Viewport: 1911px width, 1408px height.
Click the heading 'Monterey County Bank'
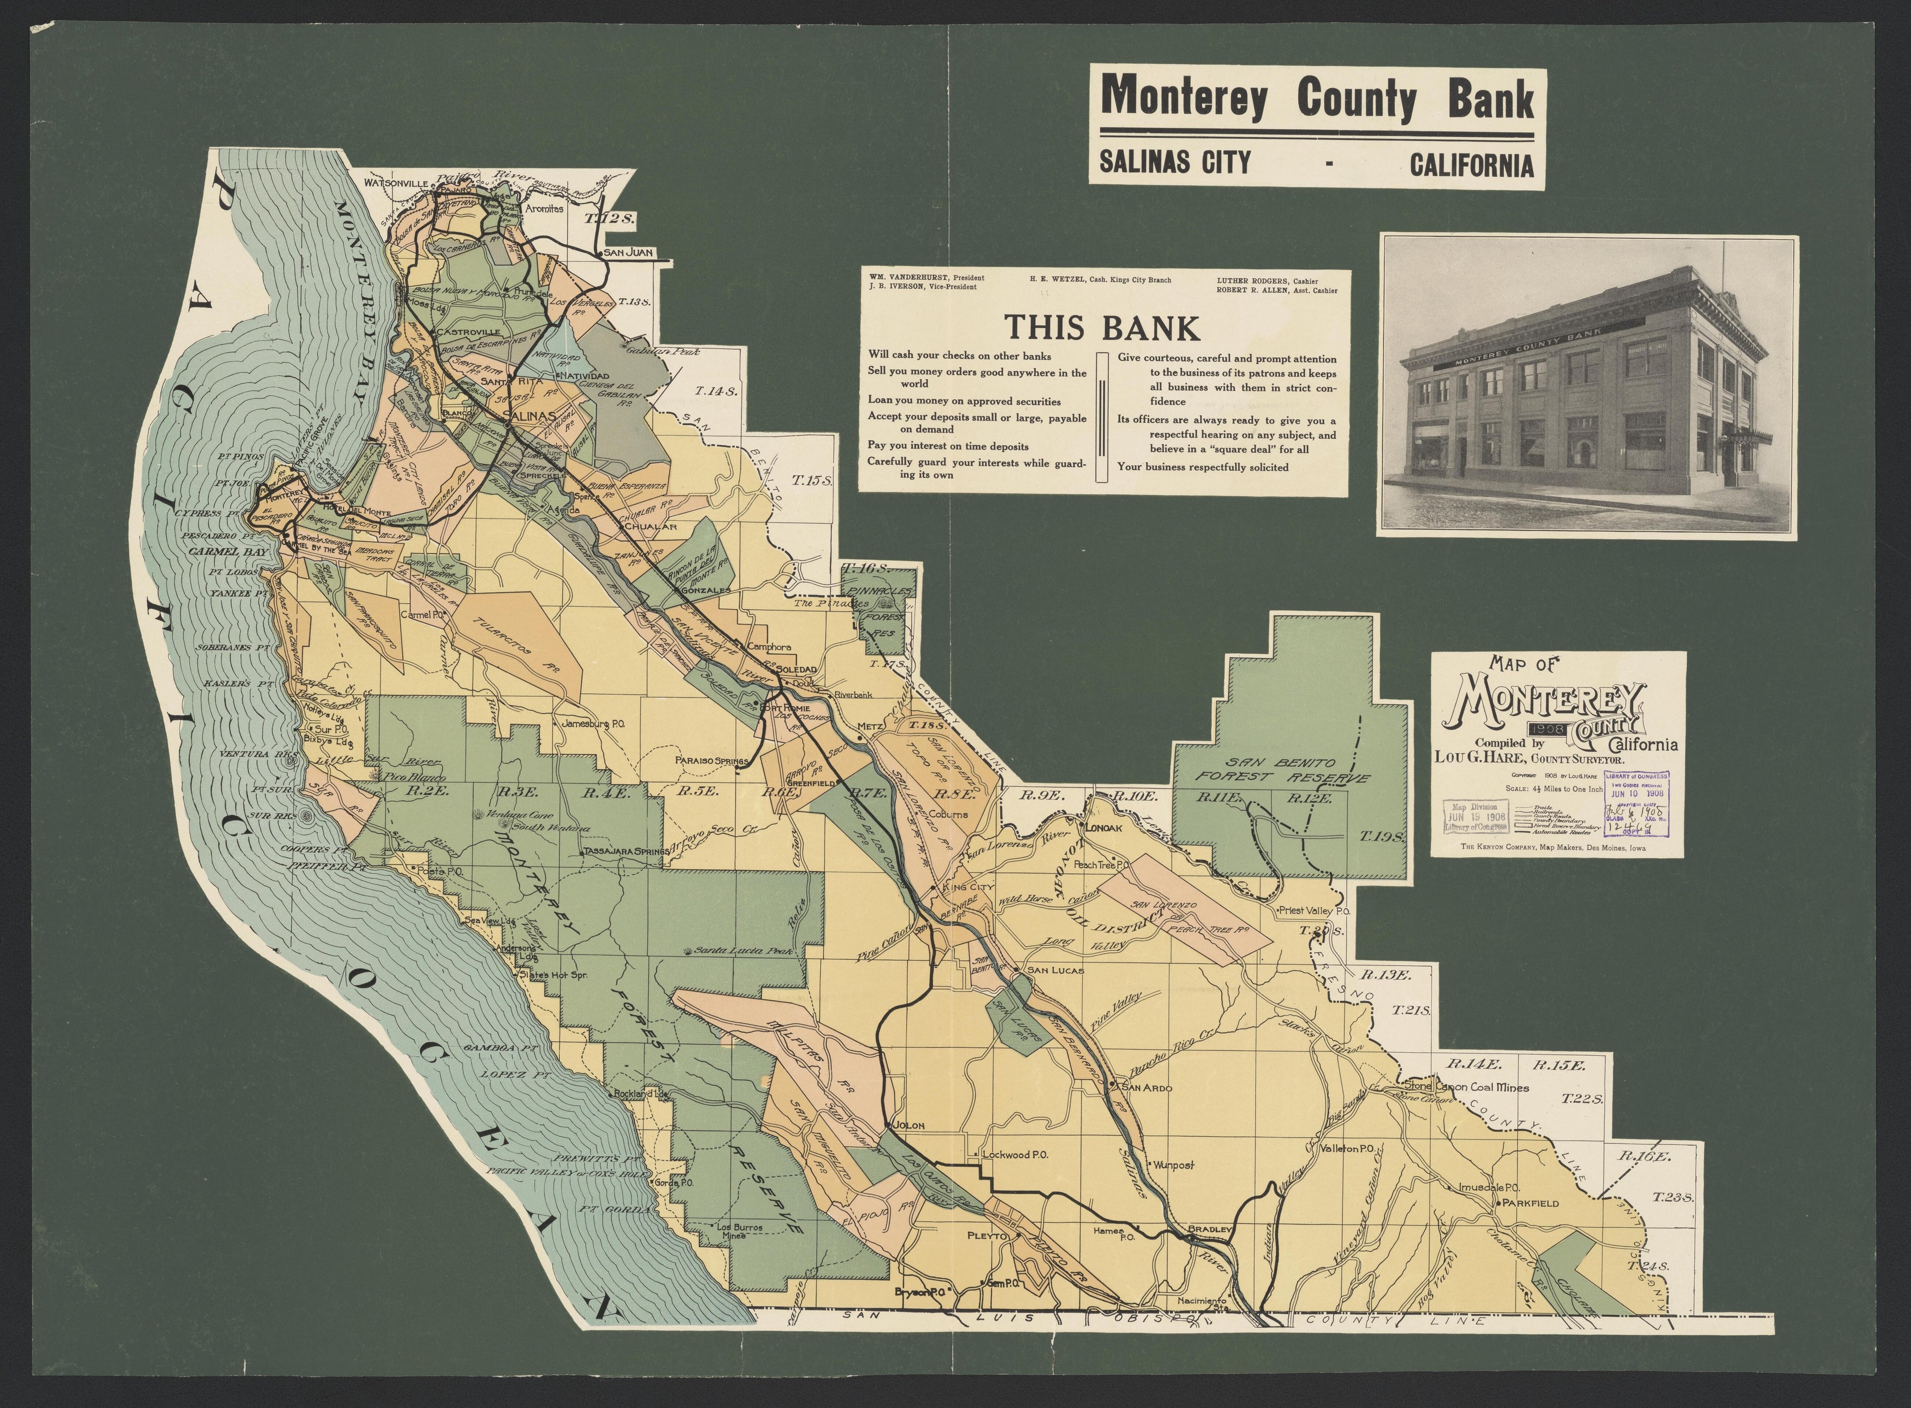1316,100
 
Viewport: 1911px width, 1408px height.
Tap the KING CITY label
969,887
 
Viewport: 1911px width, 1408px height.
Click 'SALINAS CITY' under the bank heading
1174,161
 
